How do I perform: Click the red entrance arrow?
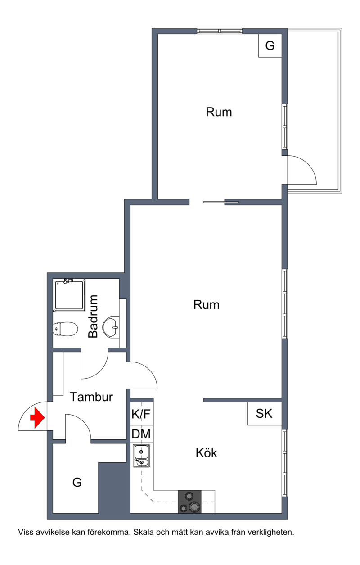click(37, 418)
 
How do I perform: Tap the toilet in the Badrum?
click(65, 328)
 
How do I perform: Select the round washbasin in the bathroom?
click(111, 327)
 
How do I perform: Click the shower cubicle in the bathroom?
click(69, 295)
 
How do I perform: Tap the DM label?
click(141, 434)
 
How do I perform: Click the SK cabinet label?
click(264, 413)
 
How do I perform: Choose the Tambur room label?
click(91, 397)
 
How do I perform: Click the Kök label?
click(206, 453)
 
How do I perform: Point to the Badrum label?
click(93, 316)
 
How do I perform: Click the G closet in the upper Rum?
click(270, 45)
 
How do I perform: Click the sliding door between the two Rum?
click(221, 202)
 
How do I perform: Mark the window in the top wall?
click(220, 31)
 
